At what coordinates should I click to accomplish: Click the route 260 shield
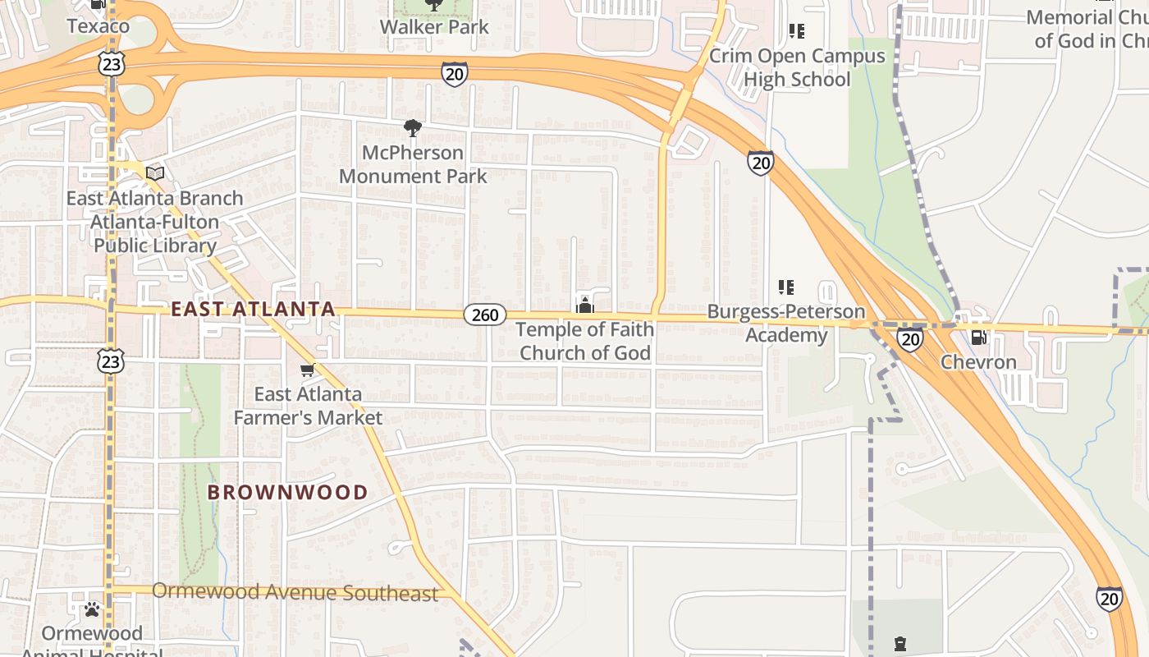pyautogui.click(x=485, y=315)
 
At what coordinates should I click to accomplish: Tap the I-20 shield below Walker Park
pyautogui.click(x=454, y=74)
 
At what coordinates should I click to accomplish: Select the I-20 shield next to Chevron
pyautogui.click(x=909, y=338)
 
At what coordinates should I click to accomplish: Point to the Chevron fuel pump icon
pyautogui.click(x=978, y=337)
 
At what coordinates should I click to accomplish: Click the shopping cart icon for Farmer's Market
pyautogui.click(x=308, y=370)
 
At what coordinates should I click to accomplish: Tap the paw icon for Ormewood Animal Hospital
pyautogui.click(x=92, y=610)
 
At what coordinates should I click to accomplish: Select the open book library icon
pyautogui.click(x=155, y=173)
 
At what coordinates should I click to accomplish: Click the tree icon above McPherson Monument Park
pyautogui.click(x=413, y=128)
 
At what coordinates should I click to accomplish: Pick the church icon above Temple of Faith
pyautogui.click(x=585, y=306)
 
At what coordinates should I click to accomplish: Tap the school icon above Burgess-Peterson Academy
pyautogui.click(x=786, y=287)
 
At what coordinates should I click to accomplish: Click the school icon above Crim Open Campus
pyautogui.click(x=796, y=32)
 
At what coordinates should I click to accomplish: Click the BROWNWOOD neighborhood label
pyautogui.click(x=287, y=493)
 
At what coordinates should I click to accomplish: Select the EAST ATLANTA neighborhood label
pyautogui.click(x=253, y=310)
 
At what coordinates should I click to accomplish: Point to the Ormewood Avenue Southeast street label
pyautogui.click(x=295, y=592)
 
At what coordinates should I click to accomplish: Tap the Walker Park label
pyautogui.click(x=434, y=27)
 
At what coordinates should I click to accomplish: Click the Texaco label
pyautogui.click(x=98, y=26)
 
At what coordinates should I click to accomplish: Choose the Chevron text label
pyautogui.click(x=978, y=362)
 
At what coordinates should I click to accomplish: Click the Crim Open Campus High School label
pyautogui.click(x=797, y=68)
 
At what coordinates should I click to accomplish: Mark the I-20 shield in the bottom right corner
pyautogui.click(x=1109, y=599)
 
